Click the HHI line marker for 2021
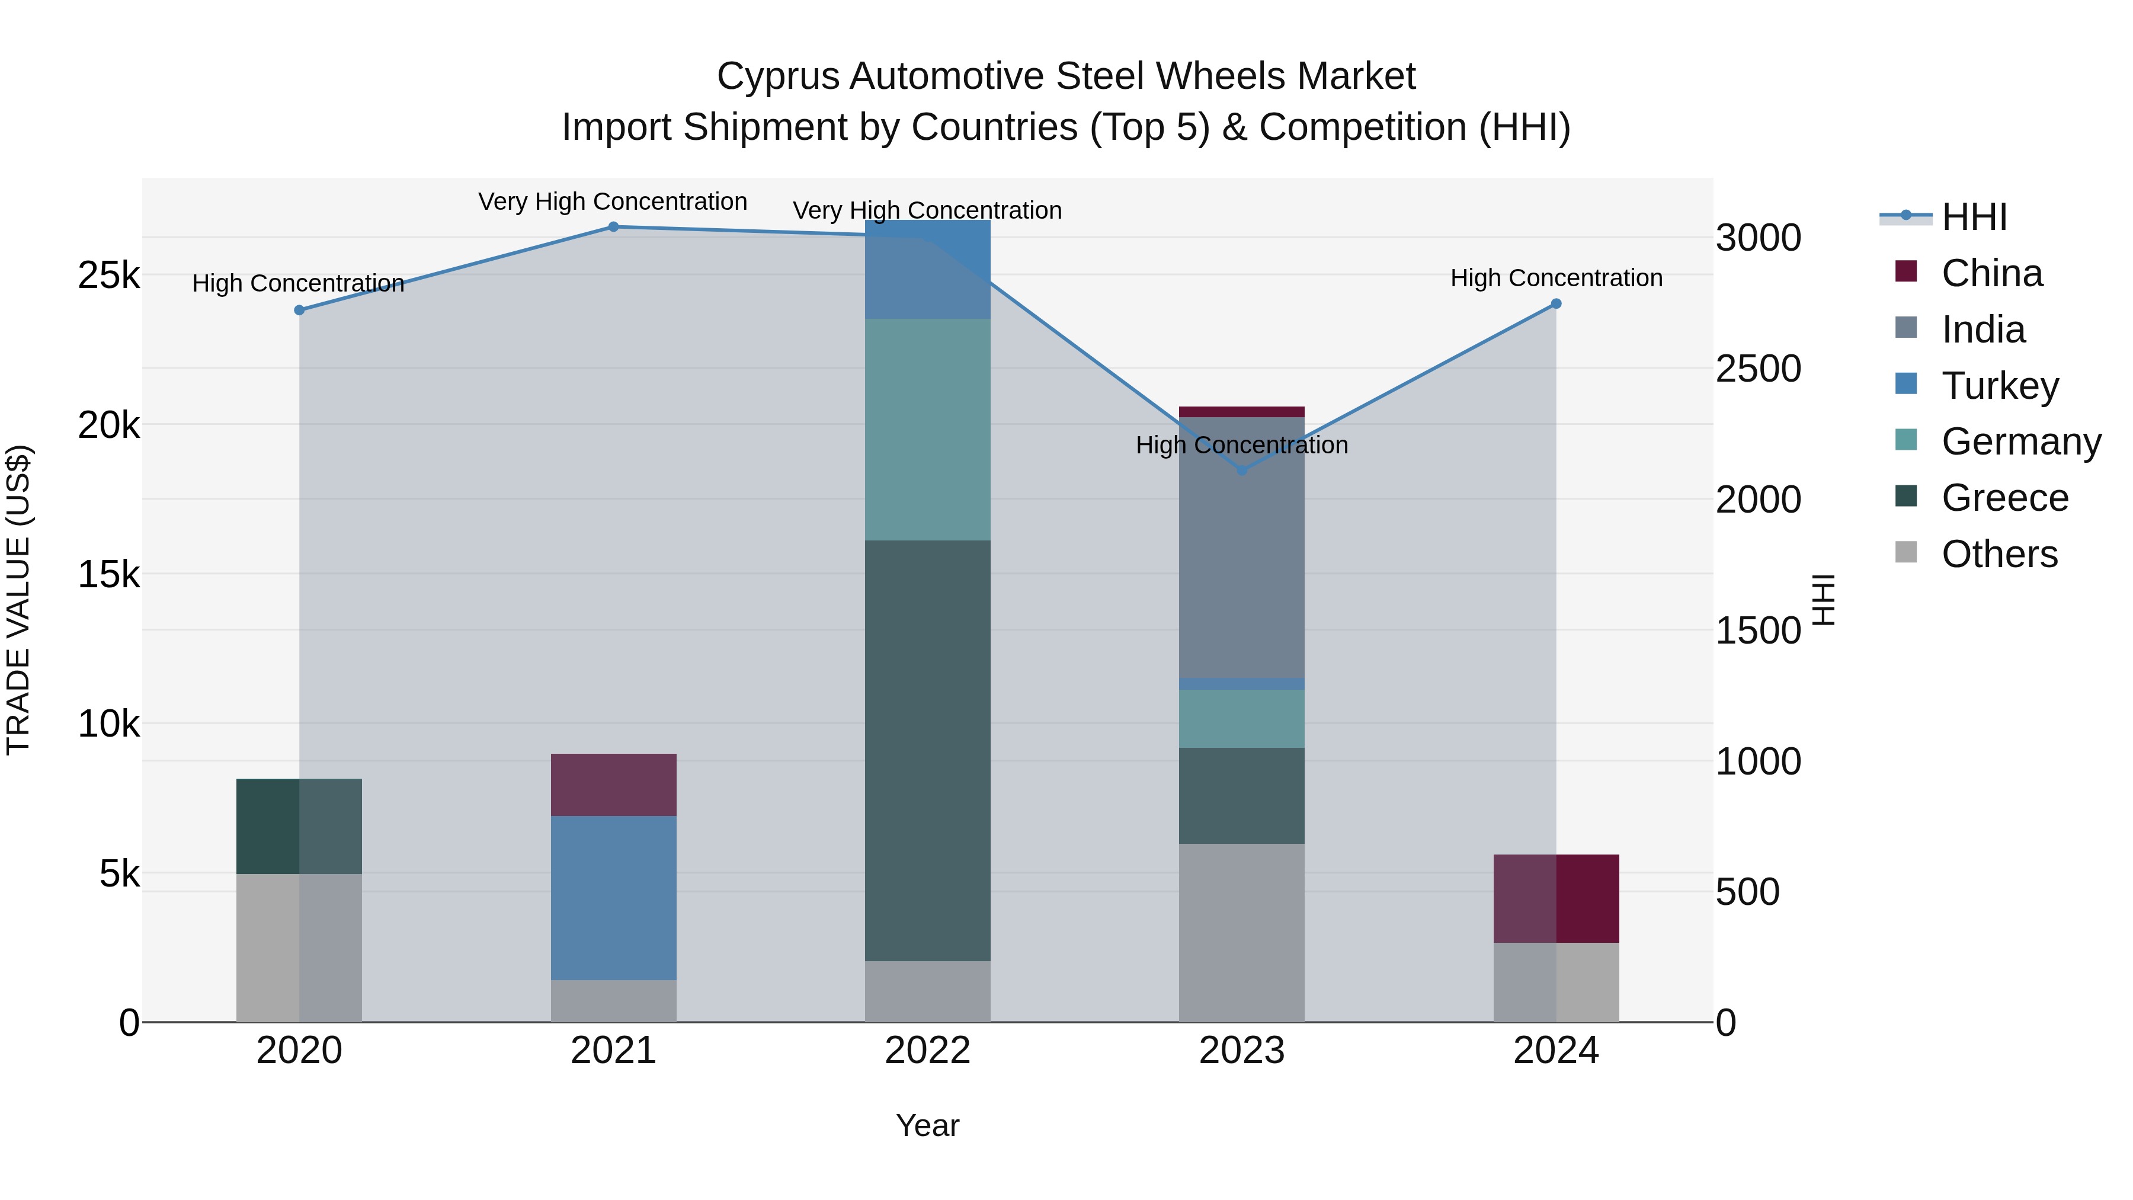click(x=614, y=226)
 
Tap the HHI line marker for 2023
click(x=1241, y=471)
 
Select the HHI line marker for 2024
click(x=1556, y=304)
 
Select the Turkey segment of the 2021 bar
click(x=614, y=898)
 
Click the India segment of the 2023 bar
click(x=1241, y=546)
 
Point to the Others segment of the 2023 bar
click(x=1241, y=933)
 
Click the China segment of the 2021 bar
click(x=614, y=784)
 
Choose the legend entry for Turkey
click(x=1999, y=385)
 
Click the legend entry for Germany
click(x=2020, y=441)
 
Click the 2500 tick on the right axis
click(x=1757, y=369)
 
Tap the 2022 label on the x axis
click(x=927, y=1051)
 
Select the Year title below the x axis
click(x=927, y=1125)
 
